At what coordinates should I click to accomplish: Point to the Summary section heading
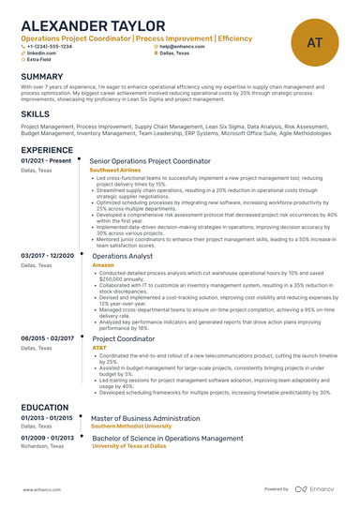(x=42, y=76)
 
